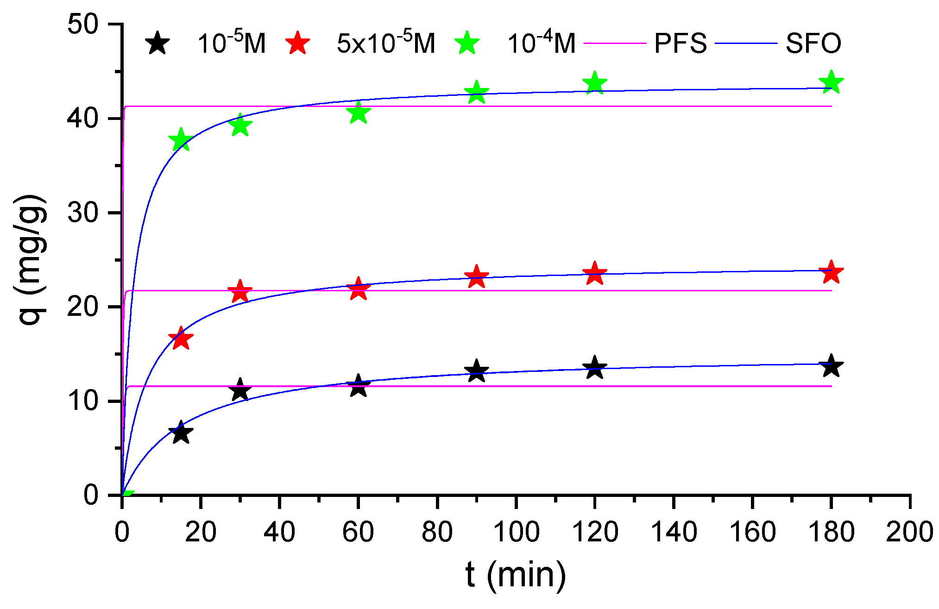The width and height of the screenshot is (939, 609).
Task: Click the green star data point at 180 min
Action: pos(831,82)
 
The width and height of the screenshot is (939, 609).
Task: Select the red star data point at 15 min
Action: pos(181,339)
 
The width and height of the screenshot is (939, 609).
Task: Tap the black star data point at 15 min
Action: pos(181,433)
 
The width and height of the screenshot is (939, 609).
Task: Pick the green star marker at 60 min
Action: pos(358,113)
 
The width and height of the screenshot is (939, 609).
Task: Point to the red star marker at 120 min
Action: pos(595,274)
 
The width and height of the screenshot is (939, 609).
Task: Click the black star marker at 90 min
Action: pos(476,371)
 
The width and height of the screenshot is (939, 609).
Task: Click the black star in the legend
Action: pos(158,44)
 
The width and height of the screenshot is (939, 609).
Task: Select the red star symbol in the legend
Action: pos(297,44)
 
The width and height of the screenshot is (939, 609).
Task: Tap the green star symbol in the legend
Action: pos(467,44)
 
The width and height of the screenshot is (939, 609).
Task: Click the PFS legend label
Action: pos(680,44)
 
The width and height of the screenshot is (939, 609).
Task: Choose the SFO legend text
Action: pos(813,44)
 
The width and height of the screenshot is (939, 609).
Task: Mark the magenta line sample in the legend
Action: pos(615,44)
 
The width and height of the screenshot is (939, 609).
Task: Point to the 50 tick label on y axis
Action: pos(83,24)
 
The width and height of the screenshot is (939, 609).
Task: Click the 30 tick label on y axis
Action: pos(83,213)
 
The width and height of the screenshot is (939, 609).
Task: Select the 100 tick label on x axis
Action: pos(516,532)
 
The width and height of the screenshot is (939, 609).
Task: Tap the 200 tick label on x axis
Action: pos(909,532)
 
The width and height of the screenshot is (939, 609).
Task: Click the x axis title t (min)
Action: pos(516,575)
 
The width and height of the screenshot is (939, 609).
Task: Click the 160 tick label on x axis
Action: pos(752,532)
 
